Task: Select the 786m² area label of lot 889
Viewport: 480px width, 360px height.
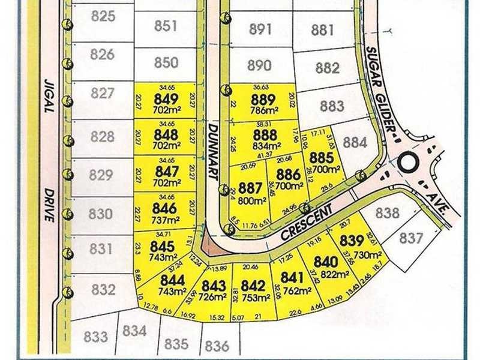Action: [263, 110]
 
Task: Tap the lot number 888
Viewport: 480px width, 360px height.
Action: [265, 135]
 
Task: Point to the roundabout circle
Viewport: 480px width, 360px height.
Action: [409, 162]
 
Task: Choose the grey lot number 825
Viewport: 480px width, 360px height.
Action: [103, 16]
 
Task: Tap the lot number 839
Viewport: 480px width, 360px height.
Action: [352, 241]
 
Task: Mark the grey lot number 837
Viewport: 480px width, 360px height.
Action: [412, 238]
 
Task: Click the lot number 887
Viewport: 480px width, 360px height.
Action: [251, 188]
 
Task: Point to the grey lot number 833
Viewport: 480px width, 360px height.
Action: [95, 336]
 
